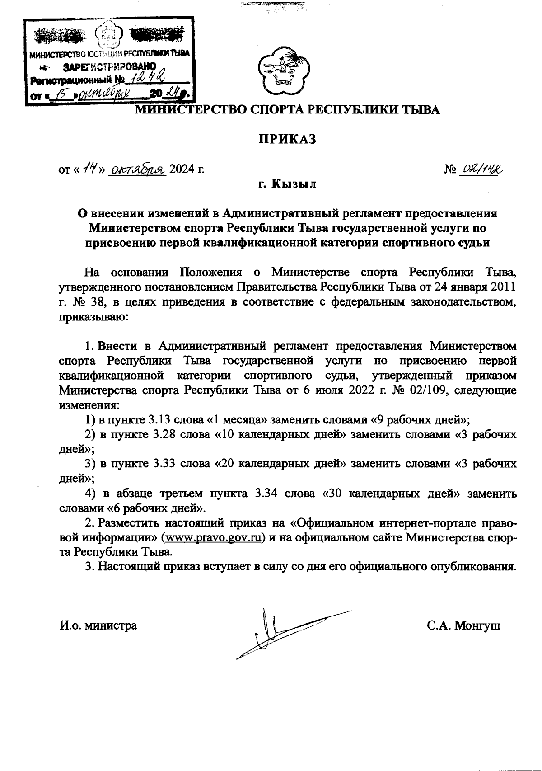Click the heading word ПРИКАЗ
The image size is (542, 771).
pyautogui.click(x=286, y=139)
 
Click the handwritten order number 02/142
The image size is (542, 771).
pyautogui.click(x=481, y=169)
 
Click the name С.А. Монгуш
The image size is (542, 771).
pyautogui.click(x=464, y=625)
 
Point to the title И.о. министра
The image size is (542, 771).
pyautogui.click(x=98, y=625)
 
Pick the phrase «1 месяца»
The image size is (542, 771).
pyautogui.click(x=237, y=419)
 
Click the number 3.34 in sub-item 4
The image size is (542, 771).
pyautogui.click(x=266, y=493)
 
